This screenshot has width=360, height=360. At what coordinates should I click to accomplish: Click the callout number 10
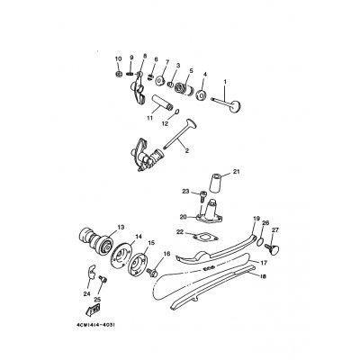[118, 59]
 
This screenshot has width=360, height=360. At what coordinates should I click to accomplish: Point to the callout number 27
[275, 229]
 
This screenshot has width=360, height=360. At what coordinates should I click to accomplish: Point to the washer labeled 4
[202, 94]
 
